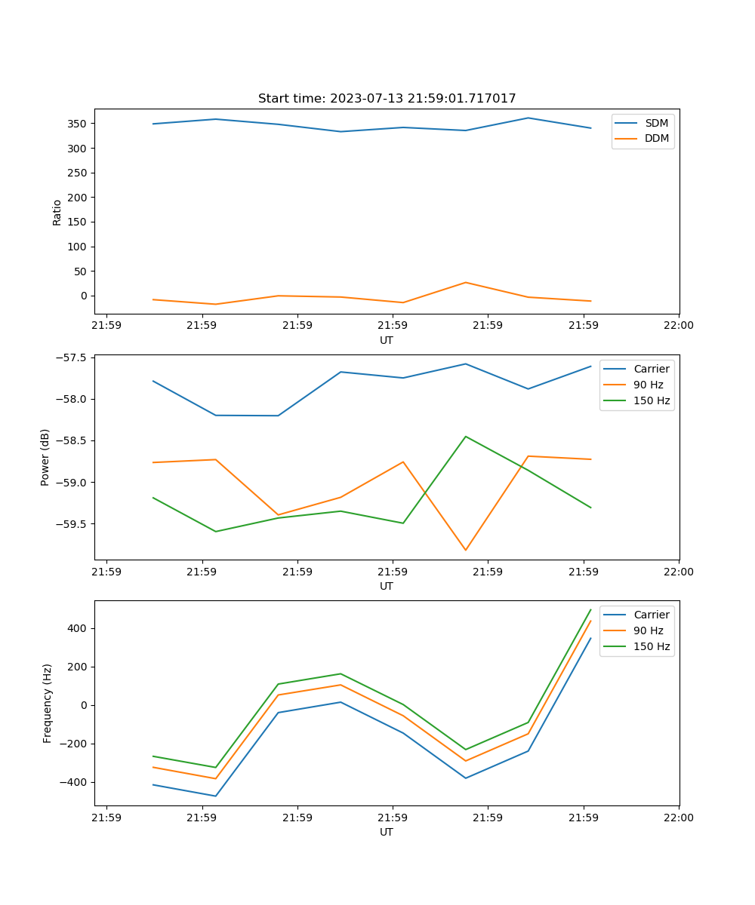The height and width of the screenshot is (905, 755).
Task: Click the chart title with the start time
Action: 387,99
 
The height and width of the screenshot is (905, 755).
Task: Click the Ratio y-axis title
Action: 57,213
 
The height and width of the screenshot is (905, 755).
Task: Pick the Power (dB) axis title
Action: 45,457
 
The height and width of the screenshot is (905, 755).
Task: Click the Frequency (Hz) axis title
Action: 48,703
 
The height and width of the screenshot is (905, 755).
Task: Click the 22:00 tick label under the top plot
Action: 678,326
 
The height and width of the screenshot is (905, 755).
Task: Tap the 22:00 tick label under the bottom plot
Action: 678,818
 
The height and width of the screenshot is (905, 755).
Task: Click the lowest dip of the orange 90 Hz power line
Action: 465,550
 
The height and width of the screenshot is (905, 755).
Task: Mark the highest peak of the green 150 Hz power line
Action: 465,436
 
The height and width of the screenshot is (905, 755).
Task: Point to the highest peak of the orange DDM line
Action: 465,283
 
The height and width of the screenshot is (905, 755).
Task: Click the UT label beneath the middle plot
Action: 387,586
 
